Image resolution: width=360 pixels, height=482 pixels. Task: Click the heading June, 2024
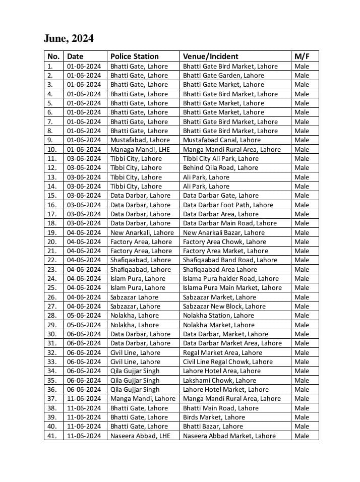69,39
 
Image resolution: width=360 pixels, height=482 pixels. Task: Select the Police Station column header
134,56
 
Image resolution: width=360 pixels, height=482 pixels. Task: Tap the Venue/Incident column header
210,56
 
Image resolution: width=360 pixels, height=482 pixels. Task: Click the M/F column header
302,56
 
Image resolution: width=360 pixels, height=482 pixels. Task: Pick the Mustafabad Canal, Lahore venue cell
221,140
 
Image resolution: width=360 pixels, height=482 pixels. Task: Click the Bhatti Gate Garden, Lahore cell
223,76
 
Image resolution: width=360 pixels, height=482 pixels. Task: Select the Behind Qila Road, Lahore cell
220,168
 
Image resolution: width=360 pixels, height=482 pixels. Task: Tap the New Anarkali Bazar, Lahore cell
223,232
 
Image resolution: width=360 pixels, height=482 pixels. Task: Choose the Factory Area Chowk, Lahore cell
224,242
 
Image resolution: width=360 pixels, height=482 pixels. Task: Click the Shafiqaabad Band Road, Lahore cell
230,260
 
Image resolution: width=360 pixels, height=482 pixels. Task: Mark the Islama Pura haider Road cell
230,279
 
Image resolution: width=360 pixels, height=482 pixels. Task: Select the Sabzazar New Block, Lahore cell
224,307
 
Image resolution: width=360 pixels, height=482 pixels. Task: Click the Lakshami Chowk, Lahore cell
219,381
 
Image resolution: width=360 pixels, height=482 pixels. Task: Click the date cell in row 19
84,232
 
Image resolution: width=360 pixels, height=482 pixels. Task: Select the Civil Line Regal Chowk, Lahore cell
227,362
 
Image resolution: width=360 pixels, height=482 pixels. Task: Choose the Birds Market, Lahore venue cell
214,417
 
